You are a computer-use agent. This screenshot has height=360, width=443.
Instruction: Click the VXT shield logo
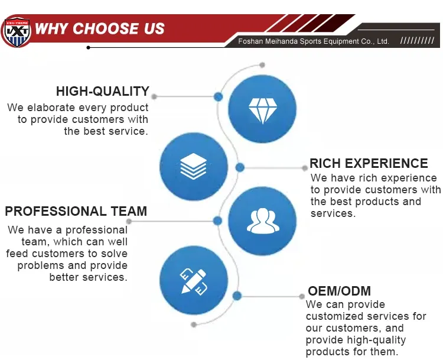pyautogui.click(x=16, y=32)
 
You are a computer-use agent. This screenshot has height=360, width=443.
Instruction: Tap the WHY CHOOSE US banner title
pyautogui.click(x=99, y=28)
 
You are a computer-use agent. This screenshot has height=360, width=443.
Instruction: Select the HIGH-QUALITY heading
pyautogui.click(x=103, y=92)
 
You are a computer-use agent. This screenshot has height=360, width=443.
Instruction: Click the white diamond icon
pyautogui.click(x=262, y=111)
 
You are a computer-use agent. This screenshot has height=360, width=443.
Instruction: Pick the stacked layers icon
pyautogui.click(x=194, y=166)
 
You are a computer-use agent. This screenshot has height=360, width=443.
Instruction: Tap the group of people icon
pyautogui.click(x=262, y=220)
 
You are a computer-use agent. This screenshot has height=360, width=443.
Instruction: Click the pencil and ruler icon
pyautogui.click(x=194, y=281)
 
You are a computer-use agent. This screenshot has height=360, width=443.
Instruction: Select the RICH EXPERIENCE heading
pyautogui.click(x=369, y=164)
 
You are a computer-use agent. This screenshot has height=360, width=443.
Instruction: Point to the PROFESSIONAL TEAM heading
pyautogui.click(x=76, y=211)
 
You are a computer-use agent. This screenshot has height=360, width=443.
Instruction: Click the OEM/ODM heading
pyautogui.click(x=339, y=291)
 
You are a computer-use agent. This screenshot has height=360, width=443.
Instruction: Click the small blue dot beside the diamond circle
pyautogui.click(x=218, y=97)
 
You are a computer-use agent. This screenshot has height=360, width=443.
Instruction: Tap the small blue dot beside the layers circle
pyautogui.click(x=240, y=167)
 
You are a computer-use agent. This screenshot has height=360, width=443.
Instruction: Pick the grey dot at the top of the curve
pyautogui.click(x=262, y=65)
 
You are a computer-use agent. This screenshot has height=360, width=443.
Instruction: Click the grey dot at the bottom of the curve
pyautogui.click(x=194, y=325)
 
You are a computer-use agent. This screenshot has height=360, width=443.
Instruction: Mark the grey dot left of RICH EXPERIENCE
pyautogui.click(x=305, y=168)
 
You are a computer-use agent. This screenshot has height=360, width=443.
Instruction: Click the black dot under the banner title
pyautogui.click(x=89, y=47)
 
